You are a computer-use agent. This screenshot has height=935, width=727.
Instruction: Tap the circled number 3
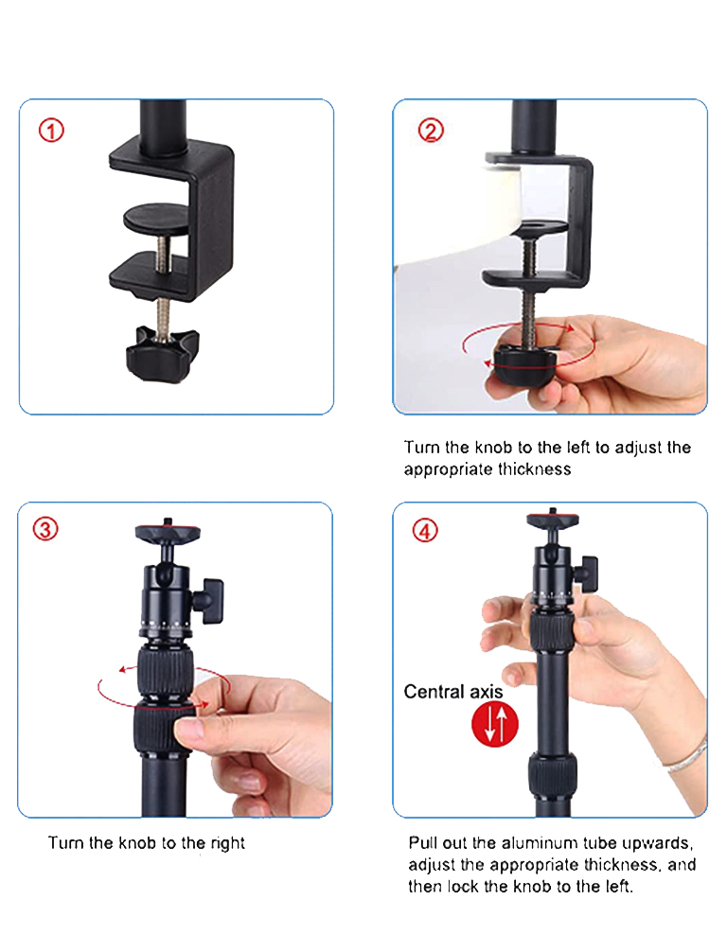pos(45,529)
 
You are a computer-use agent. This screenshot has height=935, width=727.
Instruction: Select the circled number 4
pos(425,530)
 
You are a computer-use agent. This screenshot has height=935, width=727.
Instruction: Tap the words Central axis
pos(448,692)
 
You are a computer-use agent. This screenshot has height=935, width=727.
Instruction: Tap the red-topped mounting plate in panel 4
pos(552,520)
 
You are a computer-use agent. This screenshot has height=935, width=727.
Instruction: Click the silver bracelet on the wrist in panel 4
pos(688,756)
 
